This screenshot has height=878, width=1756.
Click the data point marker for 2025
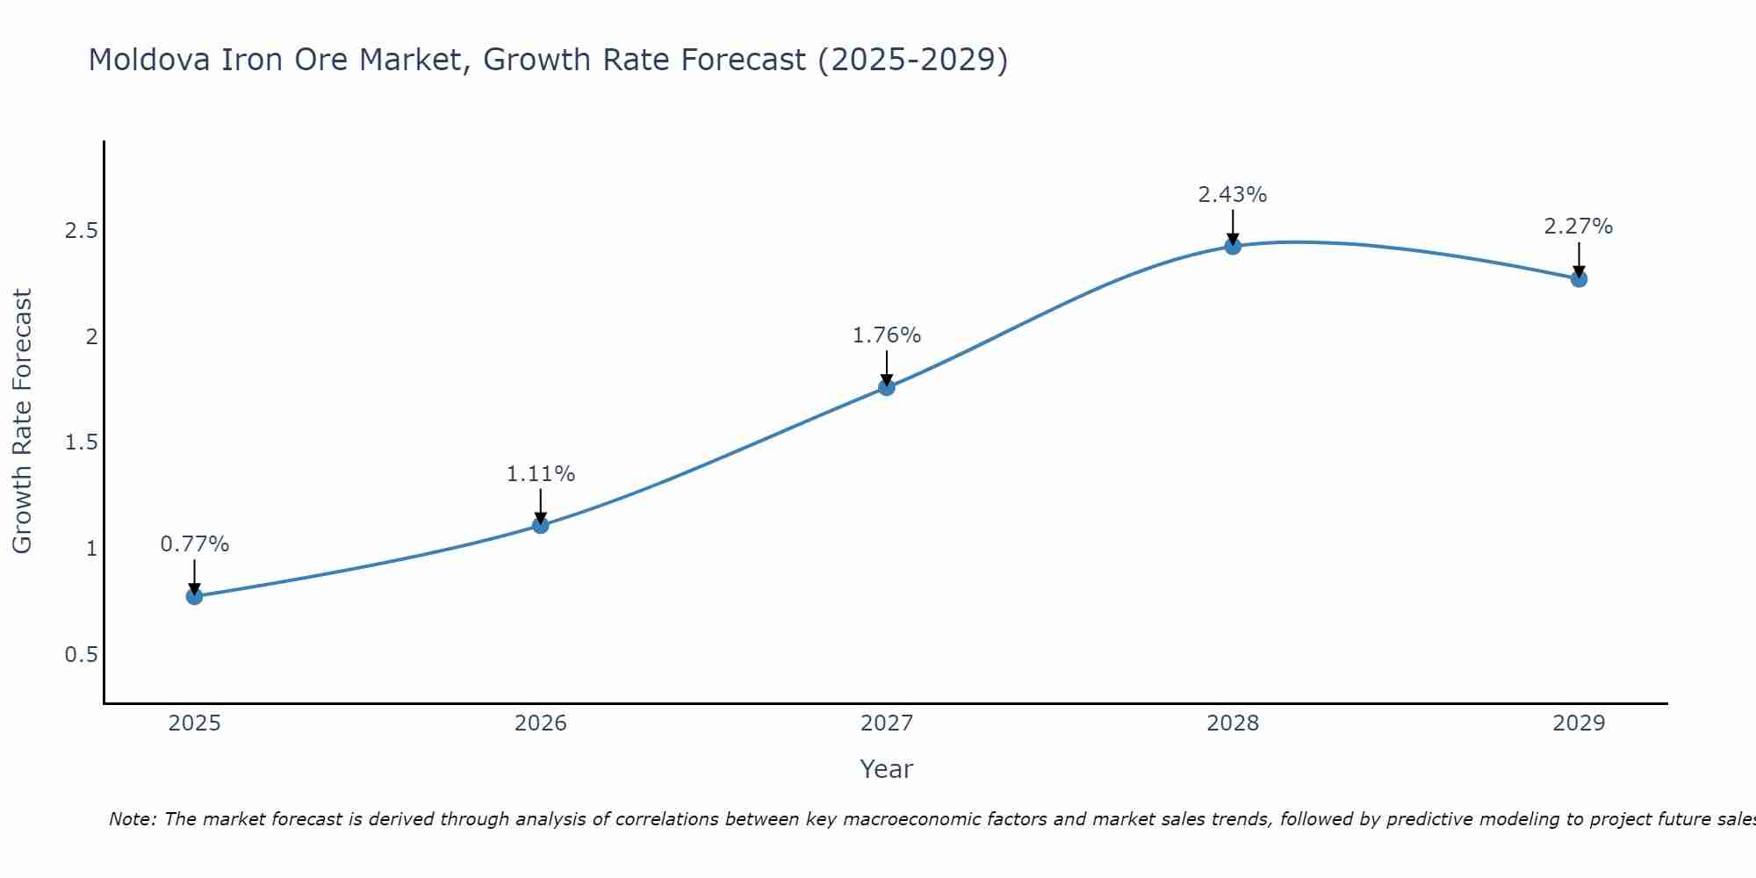pyautogui.click(x=195, y=596)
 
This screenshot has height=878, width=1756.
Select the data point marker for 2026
pyautogui.click(x=541, y=525)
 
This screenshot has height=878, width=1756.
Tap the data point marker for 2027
pyautogui.click(x=887, y=387)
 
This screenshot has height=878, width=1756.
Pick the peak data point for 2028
pyautogui.click(x=1233, y=246)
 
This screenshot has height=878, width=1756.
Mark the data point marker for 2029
pyautogui.click(x=1579, y=279)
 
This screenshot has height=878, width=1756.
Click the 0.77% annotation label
pyautogui.click(x=195, y=544)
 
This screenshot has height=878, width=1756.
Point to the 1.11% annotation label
pyautogui.click(x=541, y=474)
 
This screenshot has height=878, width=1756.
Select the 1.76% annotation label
pyautogui.click(x=887, y=335)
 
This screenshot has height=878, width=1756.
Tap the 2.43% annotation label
pyautogui.click(x=1233, y=195)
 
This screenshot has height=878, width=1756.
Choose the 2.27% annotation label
pyautogui.click(x=1579, y=227)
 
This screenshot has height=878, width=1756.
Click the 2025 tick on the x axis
pyautogui.click(x=195, y=723)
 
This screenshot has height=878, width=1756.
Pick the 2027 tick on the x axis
pyautogui.click(x=887, y=723)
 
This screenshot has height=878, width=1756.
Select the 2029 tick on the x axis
pyautogui.click(x=1579, y=723)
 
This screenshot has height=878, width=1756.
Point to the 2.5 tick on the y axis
pyautogui.click(x=81, y=231)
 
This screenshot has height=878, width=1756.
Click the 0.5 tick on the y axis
pyautogui.click(x=81, y=655)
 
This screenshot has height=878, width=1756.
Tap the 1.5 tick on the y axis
pyautogui.click(x=81, y=443)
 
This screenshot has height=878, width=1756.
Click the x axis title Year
pyautogui.click(x=887, y=769)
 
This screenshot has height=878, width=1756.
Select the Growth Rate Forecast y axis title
pyautogui.click(x=22, y=421)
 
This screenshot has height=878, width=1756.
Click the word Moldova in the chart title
pyautogui.click(x=149, y=60)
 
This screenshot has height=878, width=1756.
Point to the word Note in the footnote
pyautogui.click(x=132, y=819)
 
